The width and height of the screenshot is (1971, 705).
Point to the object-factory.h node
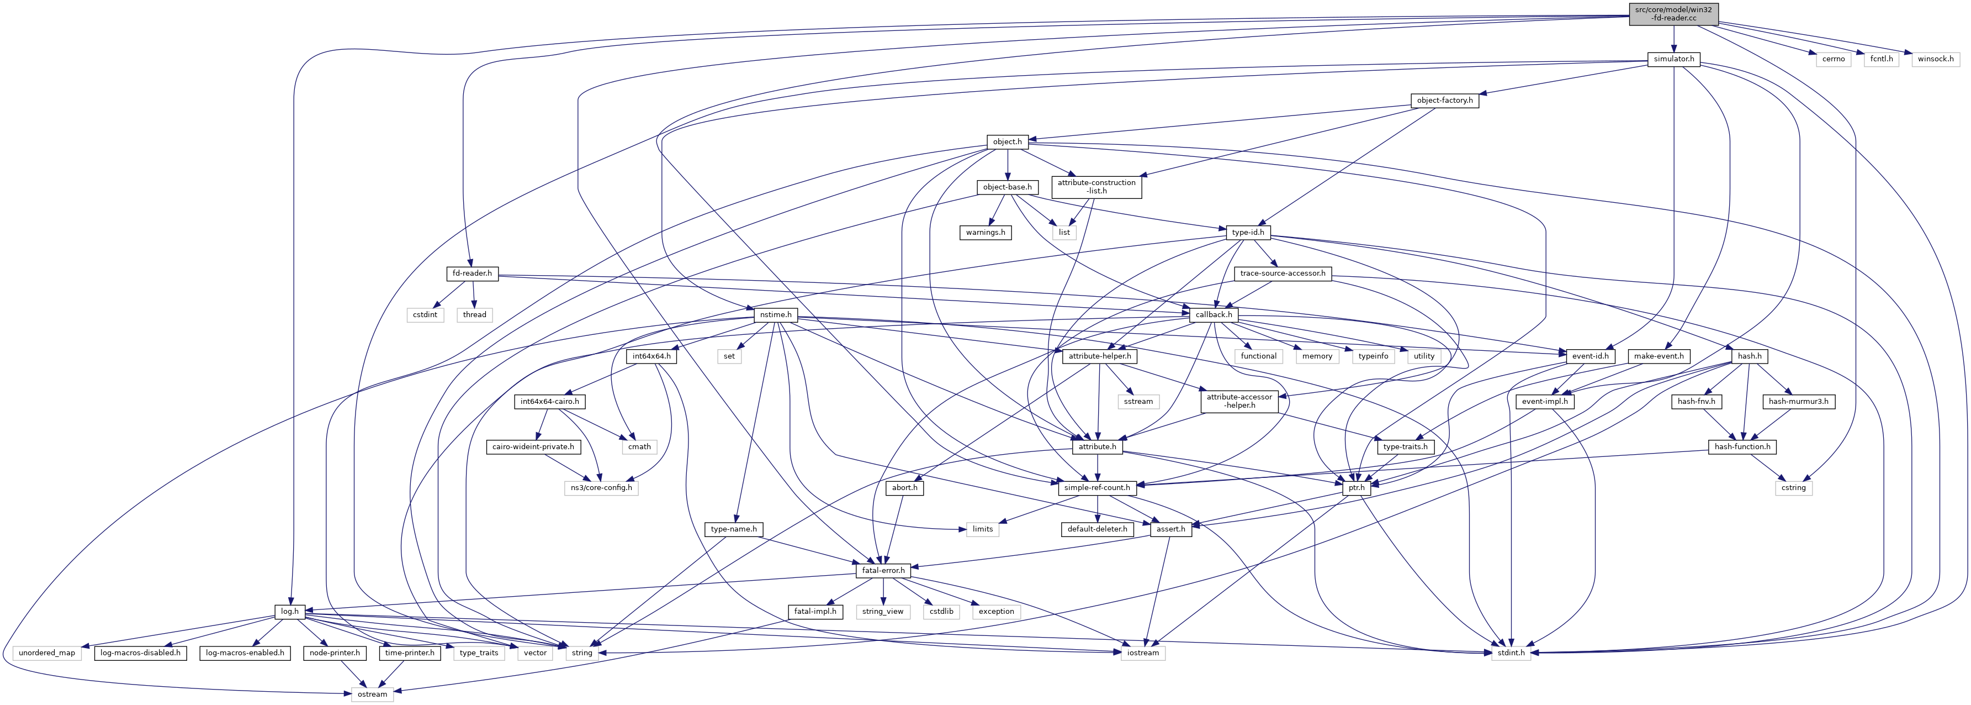[x=1445, y=100]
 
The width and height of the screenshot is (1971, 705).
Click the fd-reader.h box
[x=471, y=273]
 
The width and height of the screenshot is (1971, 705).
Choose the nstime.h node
[x=776, y=314]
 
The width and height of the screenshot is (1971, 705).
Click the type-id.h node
[x=1247, y=232]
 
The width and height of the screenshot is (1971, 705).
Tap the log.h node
[x=290, y=612]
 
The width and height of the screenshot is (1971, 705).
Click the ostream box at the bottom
[x=372, y=695]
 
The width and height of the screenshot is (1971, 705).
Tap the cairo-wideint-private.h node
[x=537, y=446]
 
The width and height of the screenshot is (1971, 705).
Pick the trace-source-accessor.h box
[x=1283, y=273]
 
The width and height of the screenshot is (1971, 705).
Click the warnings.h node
[x=986, y=232]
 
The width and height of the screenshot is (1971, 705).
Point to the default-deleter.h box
[x=1097, y=529]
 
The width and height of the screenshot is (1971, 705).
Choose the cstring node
[x=1793, y=488]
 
